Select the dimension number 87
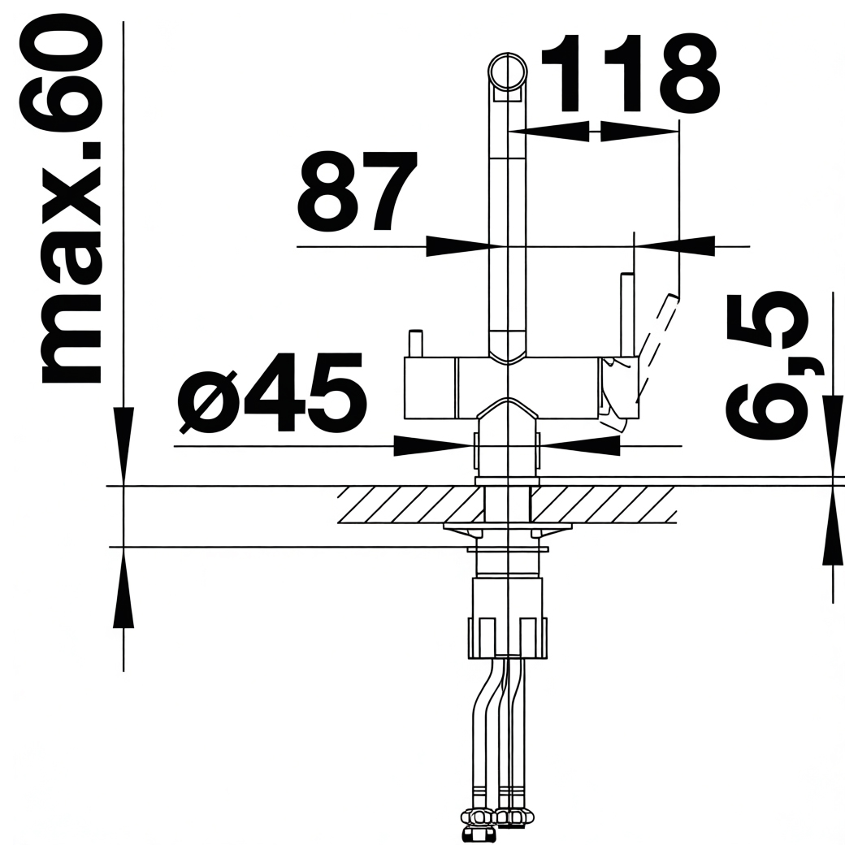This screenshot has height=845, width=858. tap(356, 192)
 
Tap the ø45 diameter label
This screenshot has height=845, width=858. tap(271, 392)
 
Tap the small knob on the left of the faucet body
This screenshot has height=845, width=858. tap(416, 343)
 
